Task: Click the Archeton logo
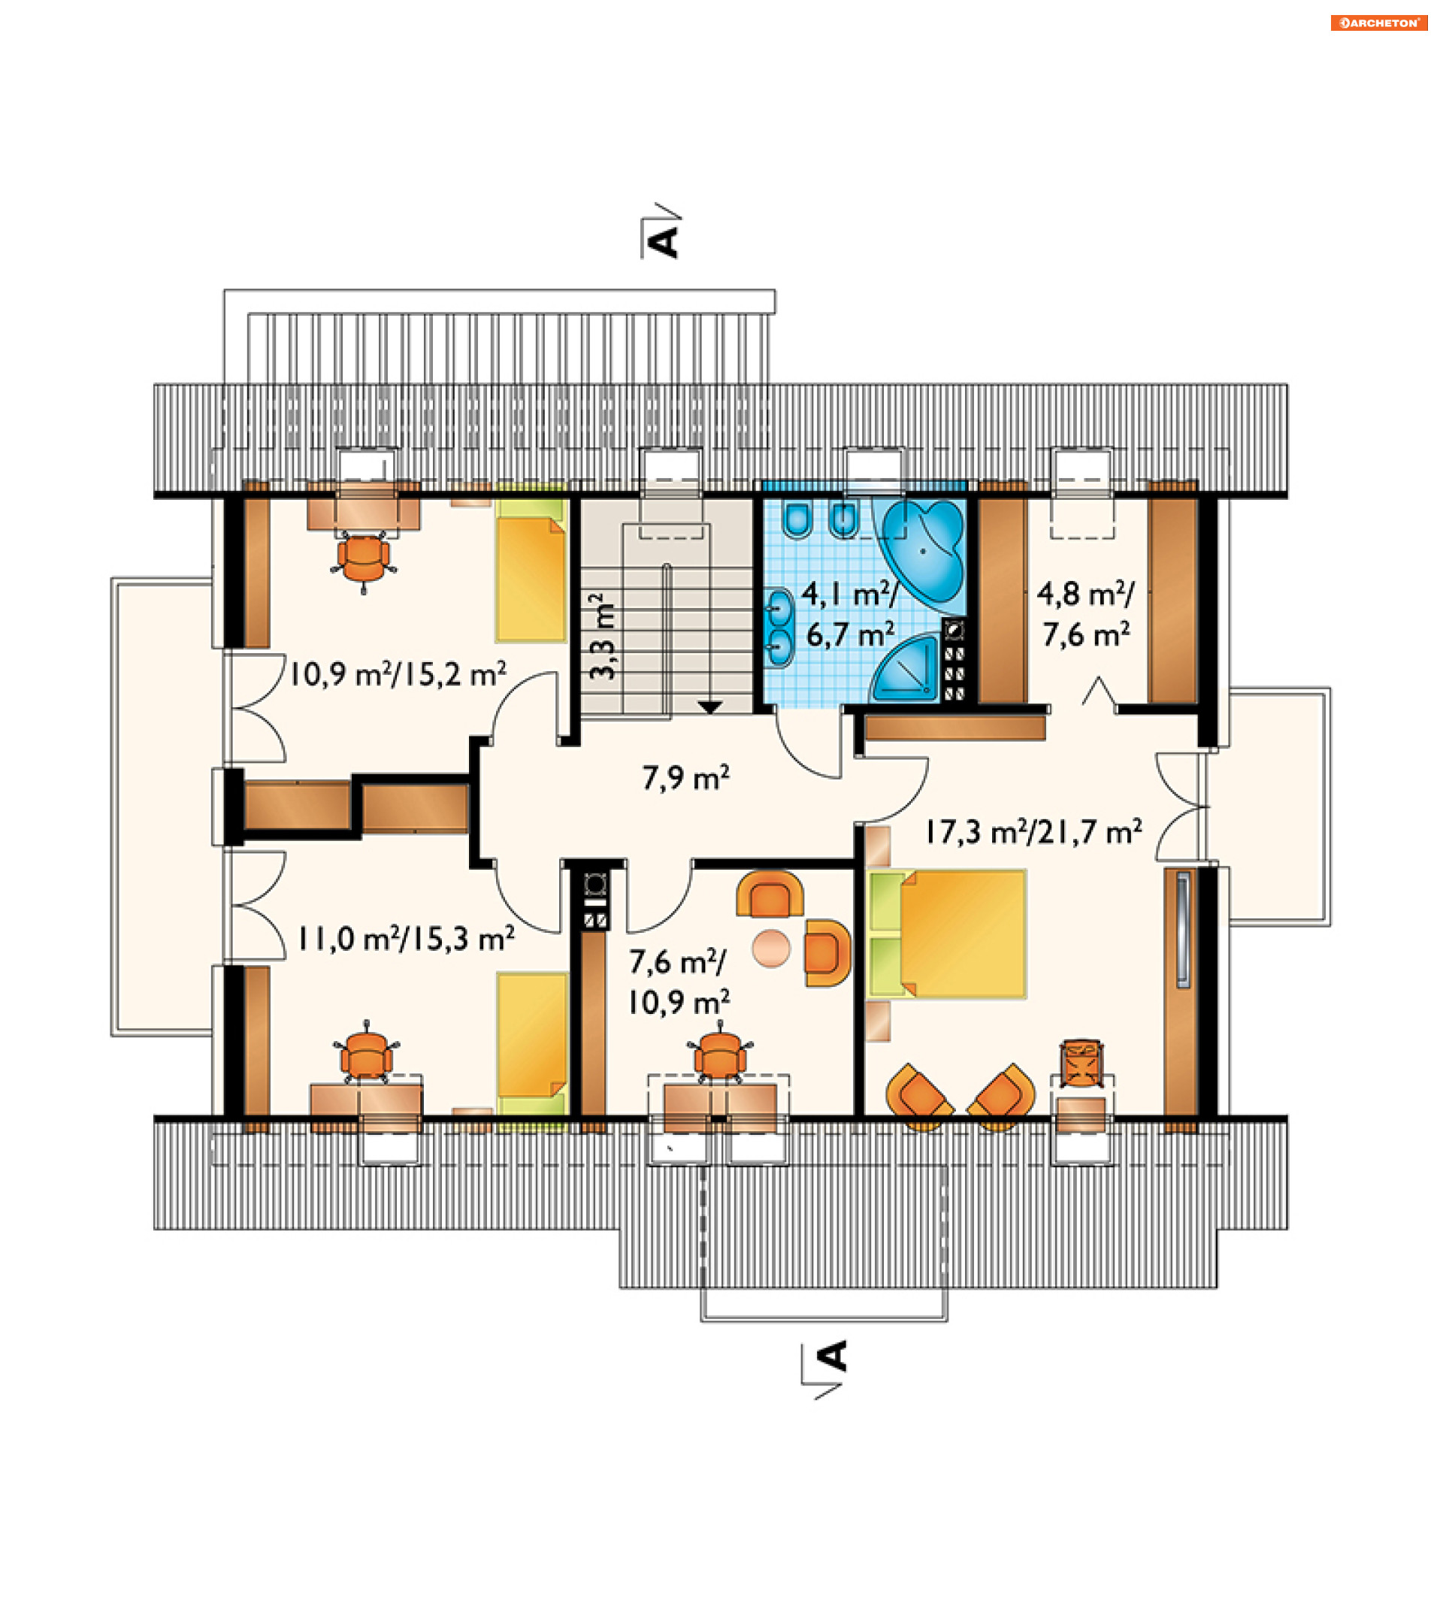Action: point(1379,23)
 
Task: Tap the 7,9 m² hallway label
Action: point(686,779)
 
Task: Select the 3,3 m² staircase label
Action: point(603,636)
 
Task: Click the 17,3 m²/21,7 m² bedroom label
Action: point(1033,833)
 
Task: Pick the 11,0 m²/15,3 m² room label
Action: point(406,939)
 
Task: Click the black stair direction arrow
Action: point(709,707)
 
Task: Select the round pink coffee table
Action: point(771,949)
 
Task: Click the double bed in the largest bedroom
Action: point(948,934)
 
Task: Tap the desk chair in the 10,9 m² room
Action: point(364,559)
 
